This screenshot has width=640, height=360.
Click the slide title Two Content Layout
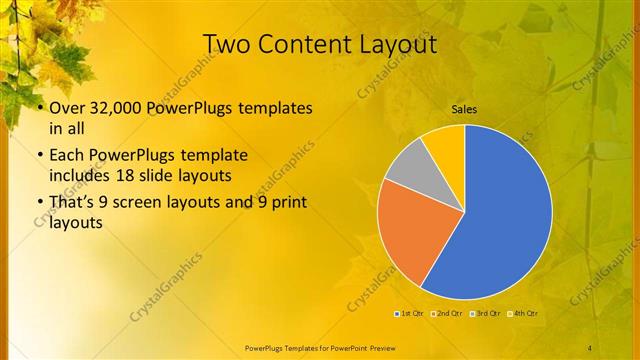tap(320, 45)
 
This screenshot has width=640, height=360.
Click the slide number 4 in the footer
tap(590, 347)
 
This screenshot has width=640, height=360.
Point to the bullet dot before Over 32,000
tap(38, 108)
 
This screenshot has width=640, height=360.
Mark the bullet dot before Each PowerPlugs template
tap(38, 157)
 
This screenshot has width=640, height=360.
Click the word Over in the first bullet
tap(66, 108)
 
